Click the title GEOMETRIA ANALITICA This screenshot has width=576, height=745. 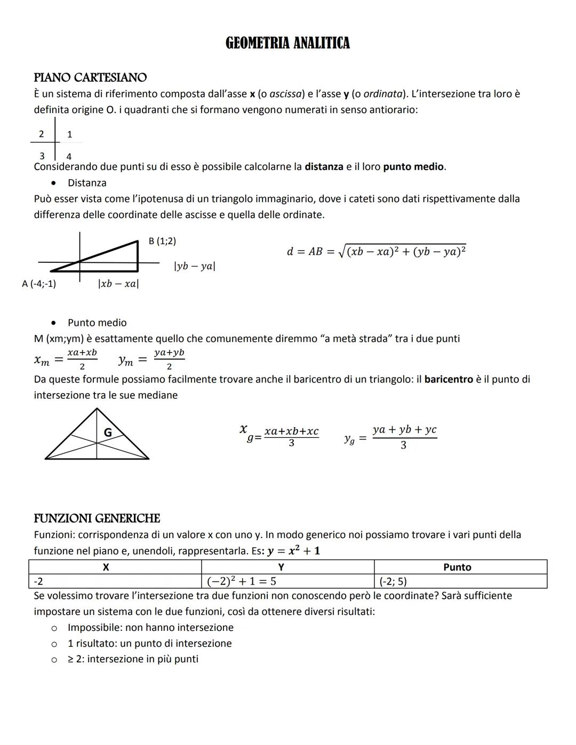pyautogui.click(x=287, y=43)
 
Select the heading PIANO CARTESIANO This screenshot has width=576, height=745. pyautogui.click(x=90, y=77)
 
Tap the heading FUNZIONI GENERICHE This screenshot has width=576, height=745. pyautogui.click(x=97, y=518)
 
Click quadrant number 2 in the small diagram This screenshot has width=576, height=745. pyautogui.click(x=42, y=134)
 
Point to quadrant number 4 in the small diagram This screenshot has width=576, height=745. pyautogui.click(x=69, y=157)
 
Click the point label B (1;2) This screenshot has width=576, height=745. pyautogui.click(x=162, y=241)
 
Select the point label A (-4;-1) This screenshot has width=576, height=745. pyautogui.click(x=39, y=284)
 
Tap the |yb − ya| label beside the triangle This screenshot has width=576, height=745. pyautogui.click(x=195, y=266)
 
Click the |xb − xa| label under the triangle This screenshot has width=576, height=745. pyautogui.click(x=118, y=284)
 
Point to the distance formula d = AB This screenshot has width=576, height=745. pyautogui.click(x=376, y=251)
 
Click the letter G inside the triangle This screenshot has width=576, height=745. pyautogui.click(x=107, y=432)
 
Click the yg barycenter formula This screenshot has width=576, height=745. pyautogui.click(x=390, y=437)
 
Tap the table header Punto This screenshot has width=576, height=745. pyautogui.click(x=457, y=567)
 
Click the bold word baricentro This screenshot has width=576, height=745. pyautogui.click(x=449, y=379)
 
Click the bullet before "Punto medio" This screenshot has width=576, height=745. pyautogui.click(x=53, y=323)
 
